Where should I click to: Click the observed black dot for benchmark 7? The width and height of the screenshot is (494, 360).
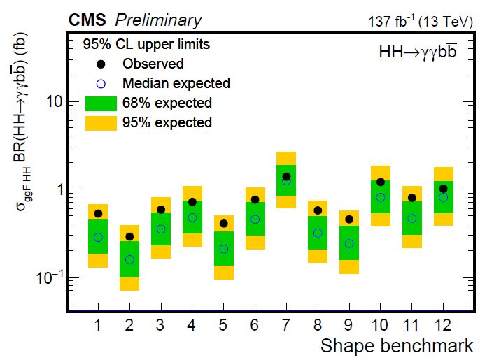(286, 177)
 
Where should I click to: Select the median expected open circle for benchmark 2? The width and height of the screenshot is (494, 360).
(129, 259)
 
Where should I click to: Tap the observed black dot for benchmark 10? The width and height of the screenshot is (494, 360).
(381, 182)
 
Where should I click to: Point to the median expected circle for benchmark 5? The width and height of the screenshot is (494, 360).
(224, 249)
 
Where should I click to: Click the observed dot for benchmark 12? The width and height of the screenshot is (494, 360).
(443, 189)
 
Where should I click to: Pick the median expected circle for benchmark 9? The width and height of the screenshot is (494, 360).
(349, 243)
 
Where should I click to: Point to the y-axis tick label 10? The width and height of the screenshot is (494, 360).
(55, 102)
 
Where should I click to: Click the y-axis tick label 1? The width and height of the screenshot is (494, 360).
(59, 190)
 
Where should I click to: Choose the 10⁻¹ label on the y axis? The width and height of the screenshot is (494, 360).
(51, 277)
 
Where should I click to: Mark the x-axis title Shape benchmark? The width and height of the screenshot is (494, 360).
(397, 345)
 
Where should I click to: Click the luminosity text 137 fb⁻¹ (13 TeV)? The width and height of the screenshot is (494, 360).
(421, 21)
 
